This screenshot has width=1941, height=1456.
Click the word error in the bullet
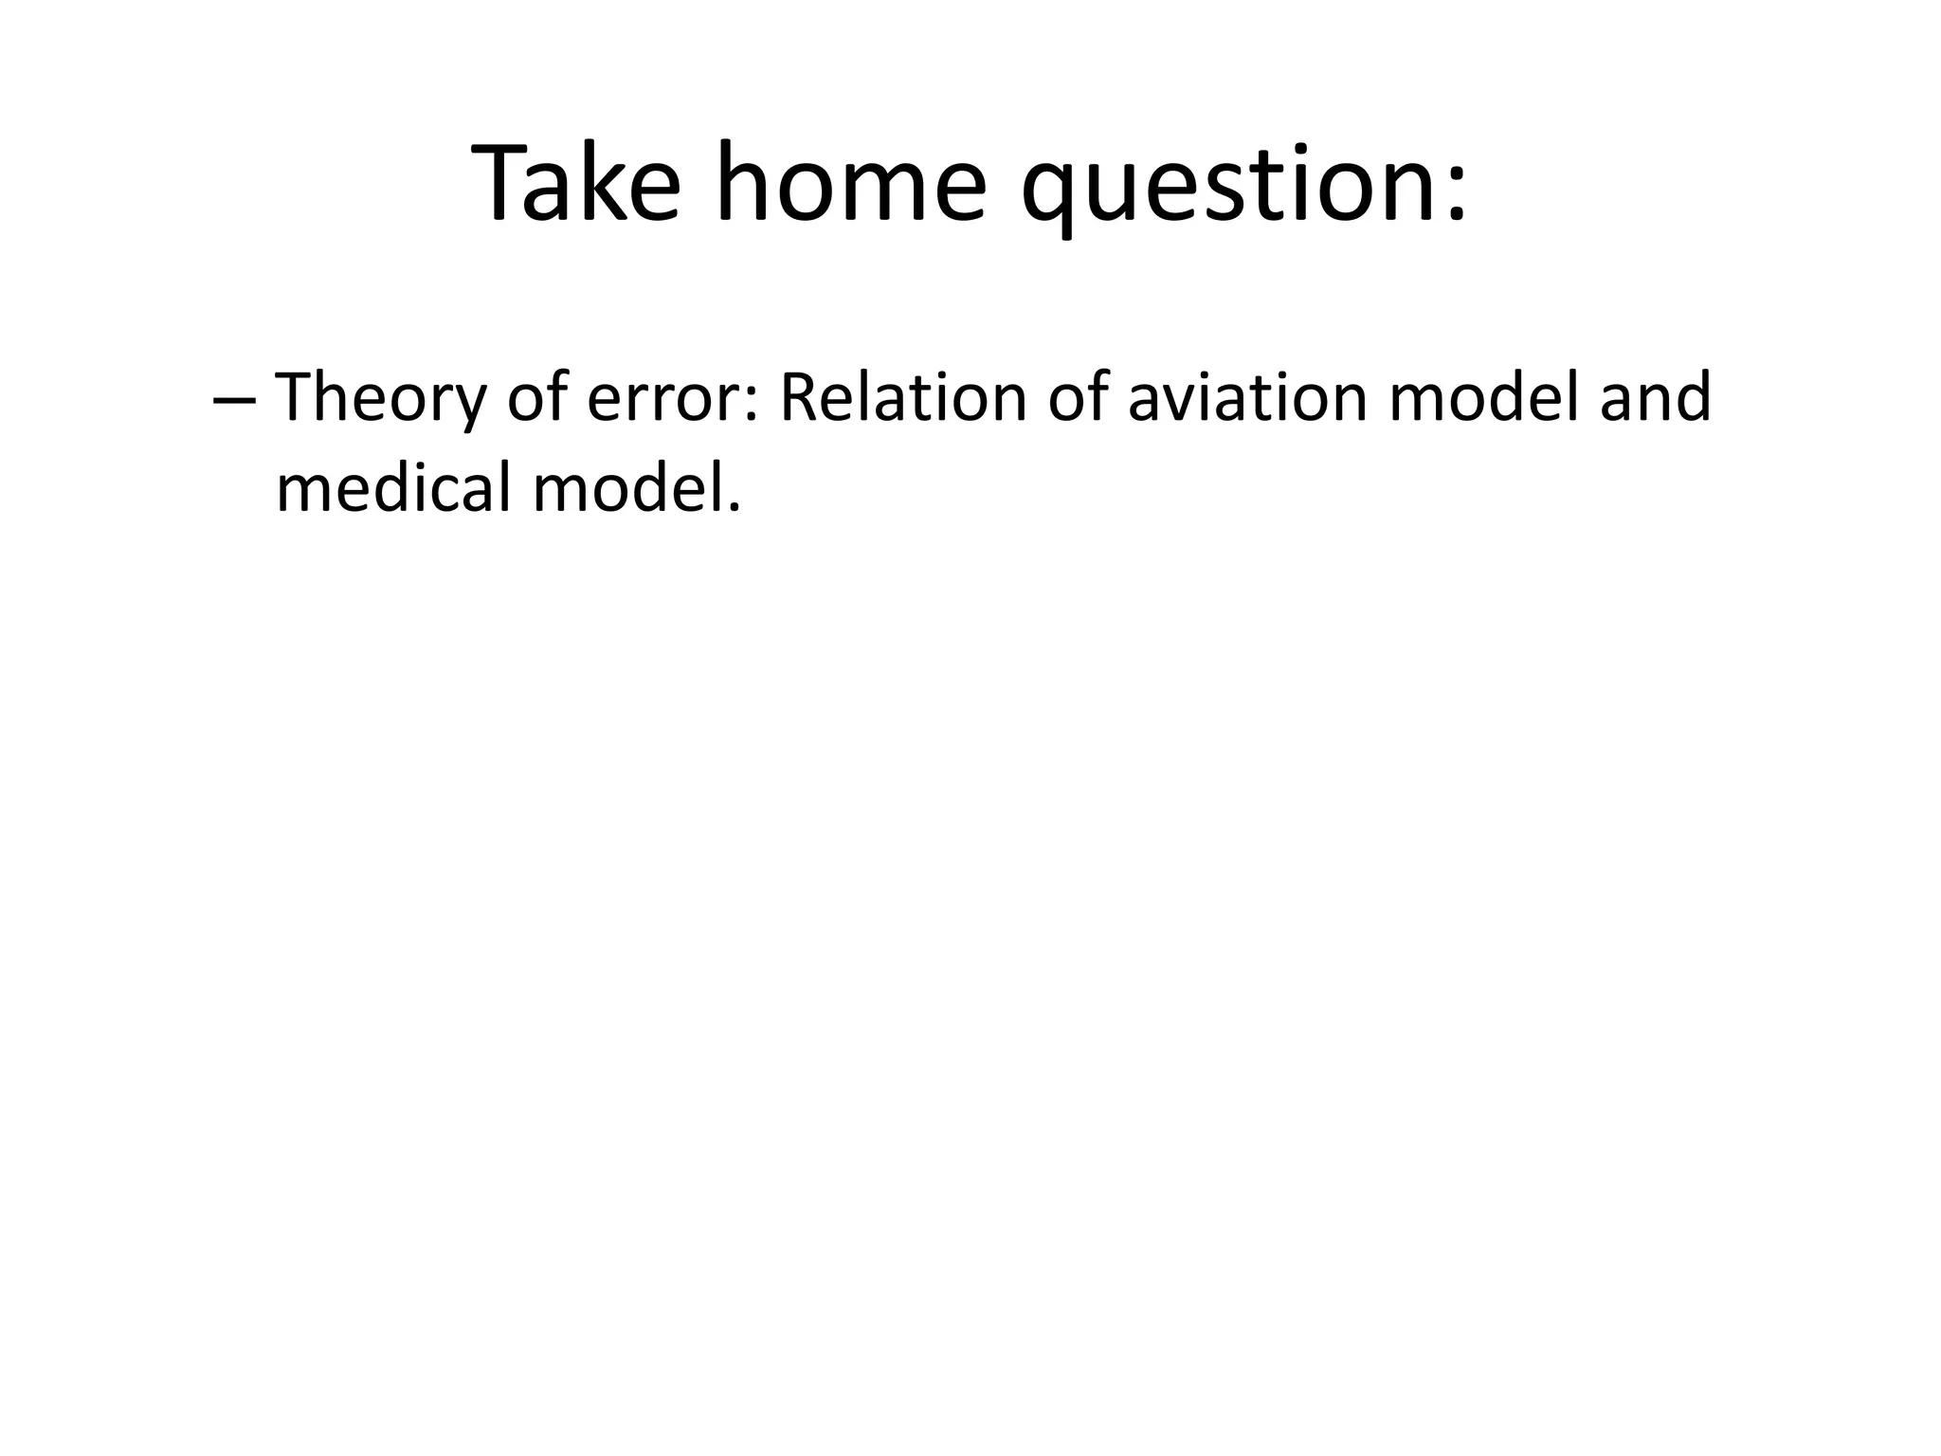click(662, 398)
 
